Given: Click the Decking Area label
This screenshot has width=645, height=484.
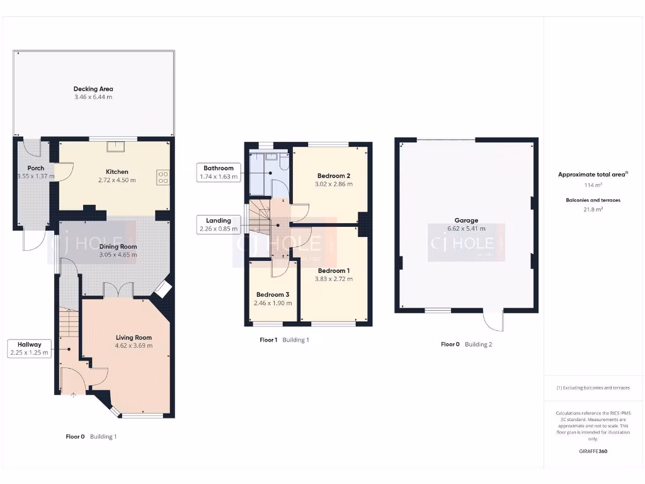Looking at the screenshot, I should pyautogui.click(x=93, y=89).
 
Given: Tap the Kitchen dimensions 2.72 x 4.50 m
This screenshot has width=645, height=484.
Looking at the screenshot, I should pyautogui.click(x=117, y=180).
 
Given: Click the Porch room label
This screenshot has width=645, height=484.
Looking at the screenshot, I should pyautogui.click(x=35, y=168).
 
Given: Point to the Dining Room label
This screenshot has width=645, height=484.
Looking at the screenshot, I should pyautogui.click(x=118, y=246).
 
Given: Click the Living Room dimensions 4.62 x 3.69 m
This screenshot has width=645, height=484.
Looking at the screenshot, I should pyautogui.click(x=134, y=345).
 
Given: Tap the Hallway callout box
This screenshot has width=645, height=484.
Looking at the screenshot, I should pyautogui.click(x=30, y=349).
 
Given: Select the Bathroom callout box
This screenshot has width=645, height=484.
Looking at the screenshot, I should pyautogui.click(x=219, y=172).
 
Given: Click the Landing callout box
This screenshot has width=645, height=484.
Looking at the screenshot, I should pyautogui.click(x=219, y=224).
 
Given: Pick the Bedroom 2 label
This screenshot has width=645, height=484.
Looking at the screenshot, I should pyautogui.click(x=333, y=175).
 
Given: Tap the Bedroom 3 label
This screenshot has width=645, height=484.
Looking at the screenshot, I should pyautogui.click(x=273, y=294).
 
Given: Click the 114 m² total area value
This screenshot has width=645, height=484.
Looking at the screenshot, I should pyautogui.click(x=594, y=185).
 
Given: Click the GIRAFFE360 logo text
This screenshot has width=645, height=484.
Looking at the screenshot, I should pyautogui.click(x=593, y=451).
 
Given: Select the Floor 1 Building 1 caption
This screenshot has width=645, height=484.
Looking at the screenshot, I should pyautogui.click(x=284, y=340).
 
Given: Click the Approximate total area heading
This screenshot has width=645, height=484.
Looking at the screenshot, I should pyautogui.click(x=593, y=175).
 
